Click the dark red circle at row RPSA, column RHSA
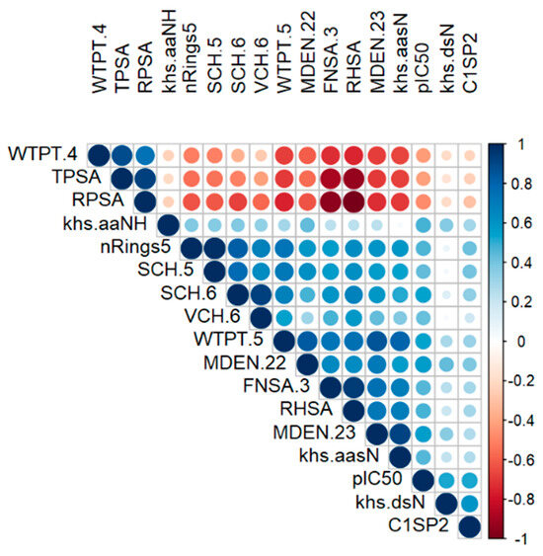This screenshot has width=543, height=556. tap(352, 202)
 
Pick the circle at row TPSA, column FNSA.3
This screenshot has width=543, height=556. tap(330, 179)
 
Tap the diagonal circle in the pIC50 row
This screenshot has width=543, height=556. tap(423, 481)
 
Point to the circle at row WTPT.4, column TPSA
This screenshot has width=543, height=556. tap(122, 156)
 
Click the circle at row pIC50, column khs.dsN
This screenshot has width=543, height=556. tap(446, 481)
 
